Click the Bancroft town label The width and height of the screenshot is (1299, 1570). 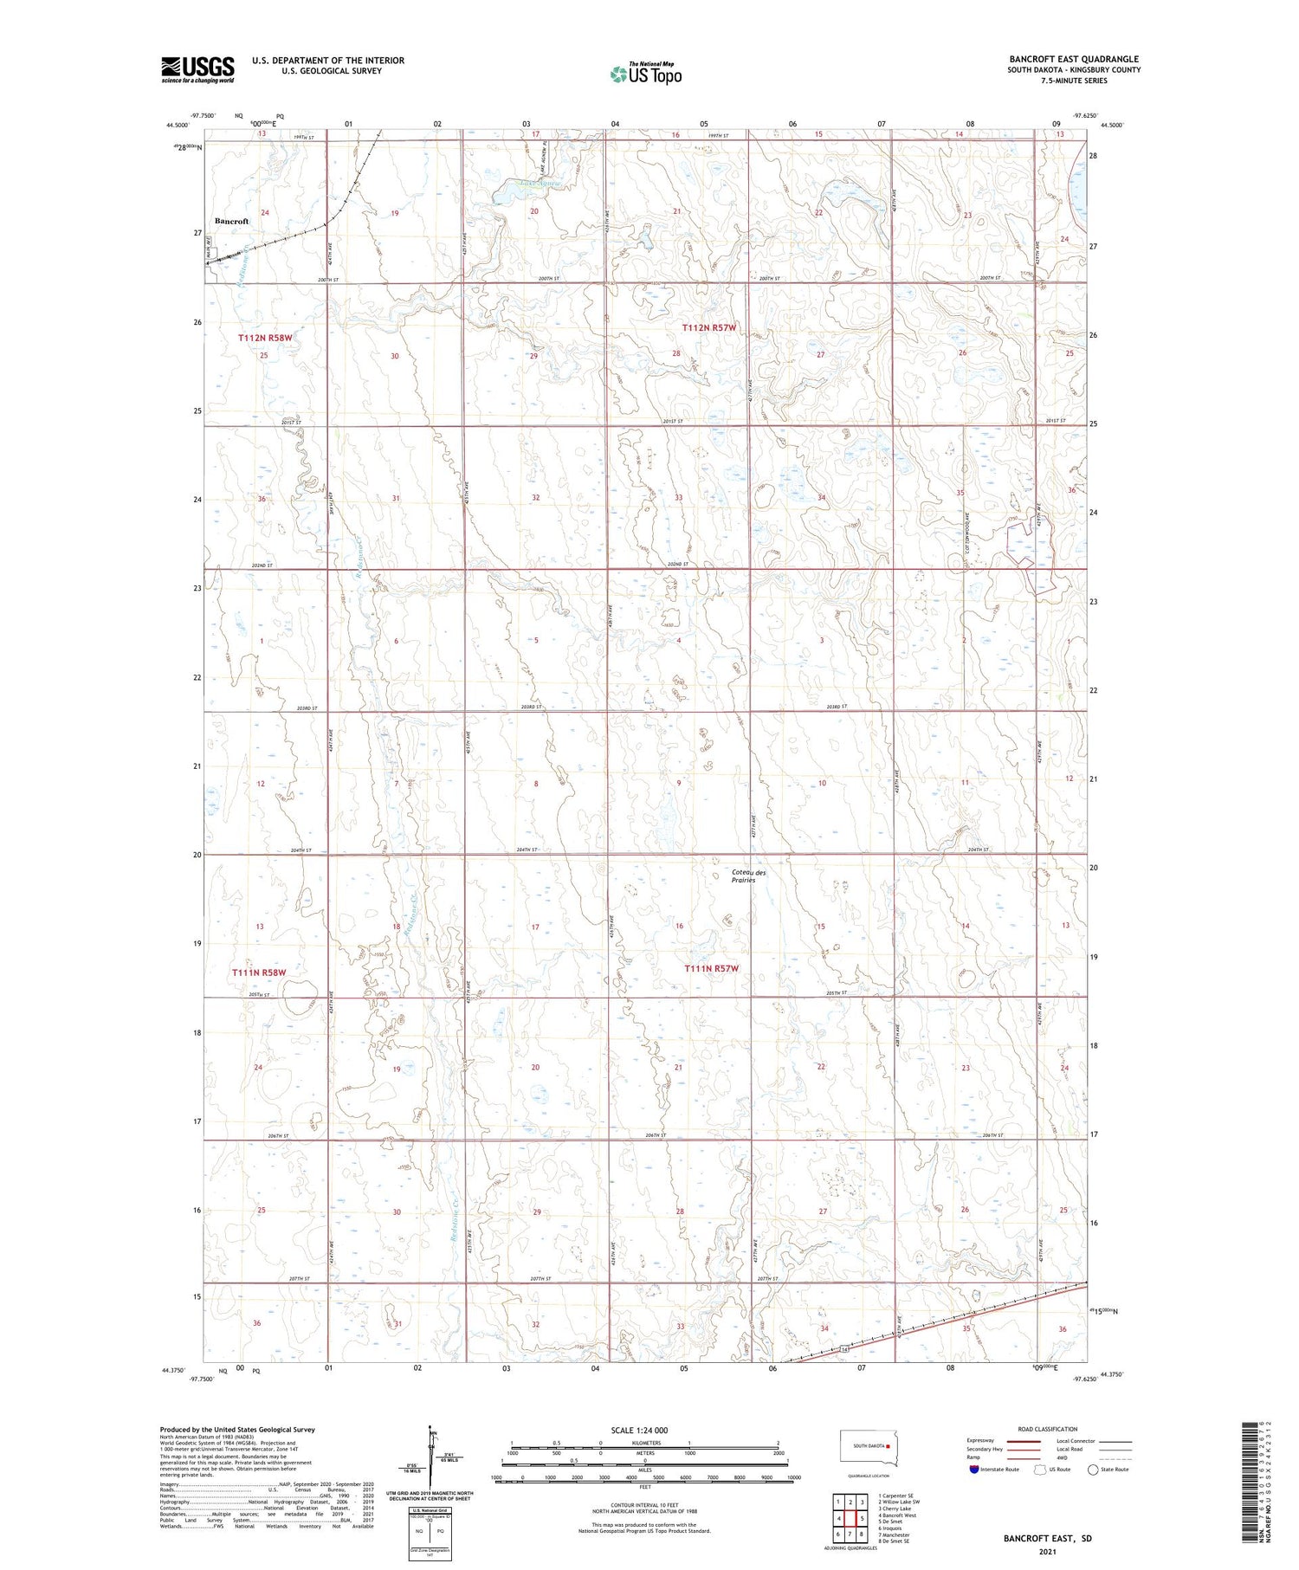point(231,222)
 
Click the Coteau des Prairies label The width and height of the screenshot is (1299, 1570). point(743,876)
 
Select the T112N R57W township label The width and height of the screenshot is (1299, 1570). point(708,327)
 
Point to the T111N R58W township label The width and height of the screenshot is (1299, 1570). point(258,972)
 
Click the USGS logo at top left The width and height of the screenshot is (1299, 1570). point(197,69)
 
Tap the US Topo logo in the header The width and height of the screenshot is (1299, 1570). point(645,74)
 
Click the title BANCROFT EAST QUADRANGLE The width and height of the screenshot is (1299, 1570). point(1074,60)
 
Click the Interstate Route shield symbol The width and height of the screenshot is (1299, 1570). point(974,1469)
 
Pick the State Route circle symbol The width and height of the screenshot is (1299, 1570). point(1093,1469)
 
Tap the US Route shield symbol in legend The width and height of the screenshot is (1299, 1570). point(1040,1469)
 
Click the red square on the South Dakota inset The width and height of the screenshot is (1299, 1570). point(888,1445)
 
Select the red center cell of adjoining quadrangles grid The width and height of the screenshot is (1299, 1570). point(850,1518)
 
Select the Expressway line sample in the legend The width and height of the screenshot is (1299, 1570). point(1025,1441)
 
